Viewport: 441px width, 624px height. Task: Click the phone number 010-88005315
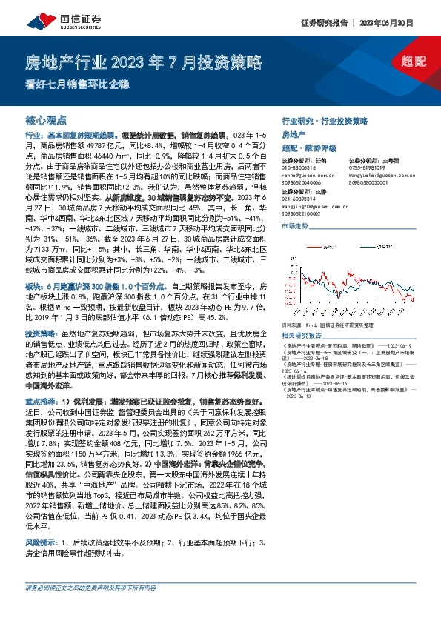(299, 167)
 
